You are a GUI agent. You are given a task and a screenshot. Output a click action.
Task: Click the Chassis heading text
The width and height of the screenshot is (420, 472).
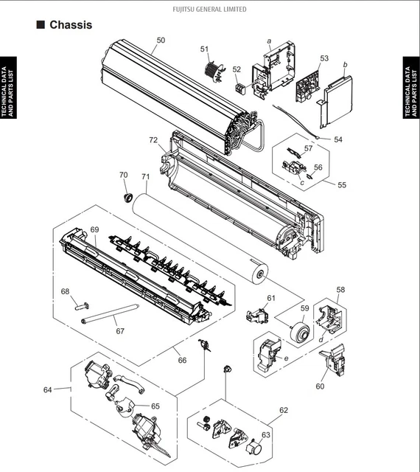point(71,24)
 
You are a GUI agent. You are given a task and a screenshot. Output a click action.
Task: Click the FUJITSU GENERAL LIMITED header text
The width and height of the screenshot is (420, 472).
point(209,10)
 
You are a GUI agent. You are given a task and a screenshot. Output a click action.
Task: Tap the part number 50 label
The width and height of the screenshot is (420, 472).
point(161,41)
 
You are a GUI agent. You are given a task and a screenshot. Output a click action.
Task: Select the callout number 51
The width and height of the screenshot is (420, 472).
point(204,49)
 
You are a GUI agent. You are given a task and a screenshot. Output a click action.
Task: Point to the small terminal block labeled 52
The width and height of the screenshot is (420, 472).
point(239,88)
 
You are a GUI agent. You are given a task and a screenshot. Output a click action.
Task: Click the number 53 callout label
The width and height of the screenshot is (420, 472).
point(324,58)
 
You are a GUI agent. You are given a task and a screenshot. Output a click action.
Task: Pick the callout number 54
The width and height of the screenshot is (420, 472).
point(338,139)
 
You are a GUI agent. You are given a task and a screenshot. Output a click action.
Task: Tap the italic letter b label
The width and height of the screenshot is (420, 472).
point(345,64)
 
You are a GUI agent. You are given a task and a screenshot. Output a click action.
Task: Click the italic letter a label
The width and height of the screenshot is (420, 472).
point(269,41)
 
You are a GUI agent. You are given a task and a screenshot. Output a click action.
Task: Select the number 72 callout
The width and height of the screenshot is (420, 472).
point(153,140)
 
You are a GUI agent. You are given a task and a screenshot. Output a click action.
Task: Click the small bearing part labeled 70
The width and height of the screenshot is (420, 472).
point(129,198)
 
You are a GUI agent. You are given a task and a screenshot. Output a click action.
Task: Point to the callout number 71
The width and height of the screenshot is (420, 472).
point(146,177)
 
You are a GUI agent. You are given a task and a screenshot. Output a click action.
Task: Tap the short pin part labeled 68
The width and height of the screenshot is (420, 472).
point(81,307)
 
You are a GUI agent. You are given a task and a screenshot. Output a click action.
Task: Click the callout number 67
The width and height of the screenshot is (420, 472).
point(120,331)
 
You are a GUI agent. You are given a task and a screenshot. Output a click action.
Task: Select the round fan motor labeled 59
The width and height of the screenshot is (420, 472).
point(300,332)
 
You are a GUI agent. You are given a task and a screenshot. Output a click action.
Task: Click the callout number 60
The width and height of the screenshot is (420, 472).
point(320,386)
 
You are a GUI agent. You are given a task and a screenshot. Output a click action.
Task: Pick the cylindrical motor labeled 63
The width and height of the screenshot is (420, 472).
point(254,446)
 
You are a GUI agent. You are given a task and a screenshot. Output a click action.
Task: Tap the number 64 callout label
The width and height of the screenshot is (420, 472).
point(48,390)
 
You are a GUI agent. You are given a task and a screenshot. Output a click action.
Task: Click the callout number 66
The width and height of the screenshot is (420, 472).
point(182,361)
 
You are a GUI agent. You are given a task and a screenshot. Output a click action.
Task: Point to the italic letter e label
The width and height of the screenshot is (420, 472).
point(286,358)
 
